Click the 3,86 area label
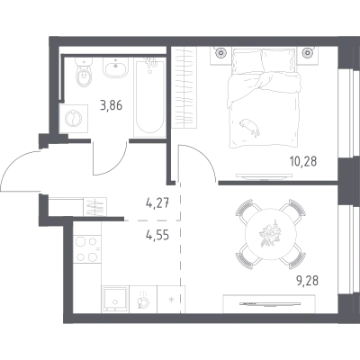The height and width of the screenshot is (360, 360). click(112, 105)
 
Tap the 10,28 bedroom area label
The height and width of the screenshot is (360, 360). click(303, 161)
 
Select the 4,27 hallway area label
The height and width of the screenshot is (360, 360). click(157, 204)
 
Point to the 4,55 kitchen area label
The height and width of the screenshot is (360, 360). click(157, 235)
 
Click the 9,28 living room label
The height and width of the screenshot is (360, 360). click(306, 281)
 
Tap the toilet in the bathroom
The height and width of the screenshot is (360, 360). click(85, 71)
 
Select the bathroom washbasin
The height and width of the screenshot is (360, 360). click(116, 67)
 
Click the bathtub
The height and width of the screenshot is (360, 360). click(150, 97)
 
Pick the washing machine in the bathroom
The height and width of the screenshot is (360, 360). click(74, 119)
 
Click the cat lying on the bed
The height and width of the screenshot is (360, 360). click(249, 127)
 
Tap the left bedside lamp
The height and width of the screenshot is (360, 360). click(221, 53)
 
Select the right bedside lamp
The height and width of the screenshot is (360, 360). click(307, 53)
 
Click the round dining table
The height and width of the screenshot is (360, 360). click(271, 234)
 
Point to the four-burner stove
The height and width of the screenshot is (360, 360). click(87, 248)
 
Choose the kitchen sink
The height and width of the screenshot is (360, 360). click(115, 299)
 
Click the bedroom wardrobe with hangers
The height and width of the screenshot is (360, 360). click(184, 87)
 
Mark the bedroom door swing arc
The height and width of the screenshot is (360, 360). click(203, 156)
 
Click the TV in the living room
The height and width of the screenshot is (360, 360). click(269, 304)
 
